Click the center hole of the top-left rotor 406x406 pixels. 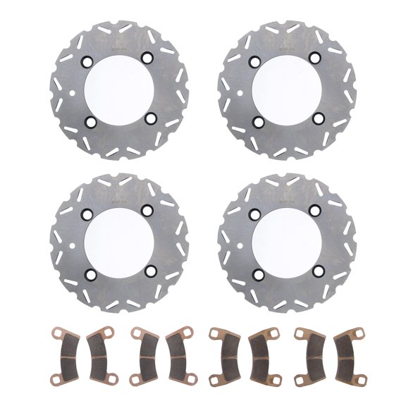tap(118, 90)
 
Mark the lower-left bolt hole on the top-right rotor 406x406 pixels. tap(257, 121)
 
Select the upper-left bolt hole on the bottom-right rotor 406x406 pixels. tap(257, 211)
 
